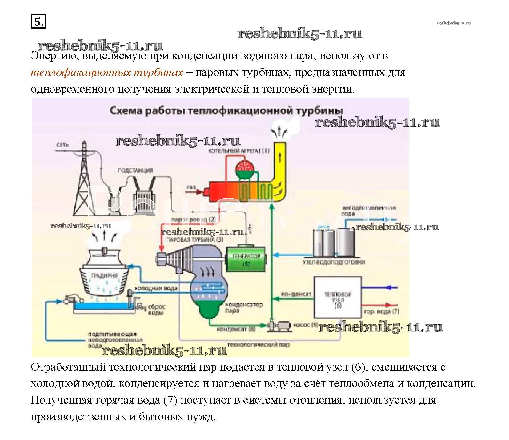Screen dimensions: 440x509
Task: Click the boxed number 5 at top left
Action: click(x=38, y=22)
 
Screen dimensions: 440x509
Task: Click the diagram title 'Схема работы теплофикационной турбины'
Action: click(x=226, y=111)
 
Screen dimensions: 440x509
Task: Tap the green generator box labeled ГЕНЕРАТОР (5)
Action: click(x=246, y=259)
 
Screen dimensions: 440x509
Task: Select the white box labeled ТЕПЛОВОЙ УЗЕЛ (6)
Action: click(x=337, y=297)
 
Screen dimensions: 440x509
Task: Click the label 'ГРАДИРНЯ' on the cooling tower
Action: click(x=104, y=275)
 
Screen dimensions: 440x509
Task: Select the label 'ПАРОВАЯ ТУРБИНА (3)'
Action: click(x=194, y=240)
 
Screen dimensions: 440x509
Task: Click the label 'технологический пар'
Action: click(x=259, y=344)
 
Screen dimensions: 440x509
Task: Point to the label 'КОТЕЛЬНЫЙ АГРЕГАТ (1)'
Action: click(x=238, y=151)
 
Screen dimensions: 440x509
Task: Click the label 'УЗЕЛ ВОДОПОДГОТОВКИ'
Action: click(x=334, y=262)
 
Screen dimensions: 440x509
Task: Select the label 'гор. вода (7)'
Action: click(x=381, y=311)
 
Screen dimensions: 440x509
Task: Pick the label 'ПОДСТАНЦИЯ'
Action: click(x=135, y=170)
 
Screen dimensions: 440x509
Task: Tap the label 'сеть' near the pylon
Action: click(x=62, y=145)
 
